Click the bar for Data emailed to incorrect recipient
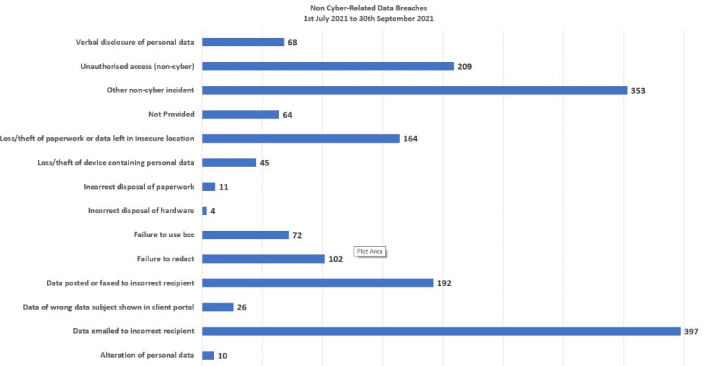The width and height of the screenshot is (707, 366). coord(441,331)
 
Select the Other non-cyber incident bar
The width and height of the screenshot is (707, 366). coord(414,90)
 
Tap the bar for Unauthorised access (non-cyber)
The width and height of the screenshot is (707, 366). coord(328,66)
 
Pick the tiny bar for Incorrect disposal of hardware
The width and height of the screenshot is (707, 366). coord(204,211)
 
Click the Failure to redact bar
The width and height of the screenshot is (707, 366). coord(263,259)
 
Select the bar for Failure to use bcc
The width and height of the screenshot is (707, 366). coord(245,235)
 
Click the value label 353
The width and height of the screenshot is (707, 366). coord(638,90)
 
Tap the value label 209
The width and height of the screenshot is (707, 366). coord(464,66)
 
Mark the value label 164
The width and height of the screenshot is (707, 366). coord(410,139)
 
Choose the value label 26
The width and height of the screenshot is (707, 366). coord(242,307)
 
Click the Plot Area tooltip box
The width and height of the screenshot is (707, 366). coord(369,252)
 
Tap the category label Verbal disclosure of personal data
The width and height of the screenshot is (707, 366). coord(135,42)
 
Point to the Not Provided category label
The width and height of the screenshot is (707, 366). coord(171,114)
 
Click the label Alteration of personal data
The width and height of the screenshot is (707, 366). coord(147,356)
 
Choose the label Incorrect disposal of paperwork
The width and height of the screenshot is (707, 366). coord(139,187)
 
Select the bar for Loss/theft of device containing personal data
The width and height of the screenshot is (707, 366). coord(229,163)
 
